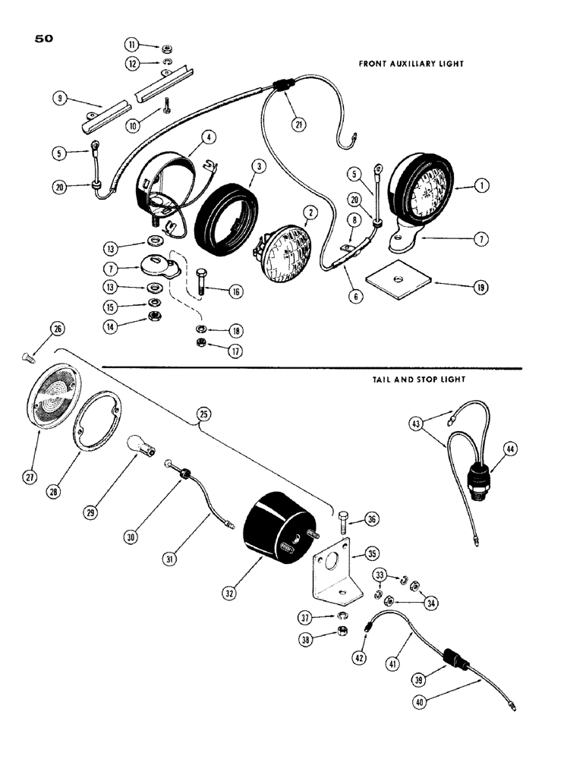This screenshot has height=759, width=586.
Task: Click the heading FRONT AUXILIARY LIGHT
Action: (411, 65)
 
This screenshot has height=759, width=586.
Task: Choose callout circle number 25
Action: (203, 414)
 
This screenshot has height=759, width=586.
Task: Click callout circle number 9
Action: (59, 97)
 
